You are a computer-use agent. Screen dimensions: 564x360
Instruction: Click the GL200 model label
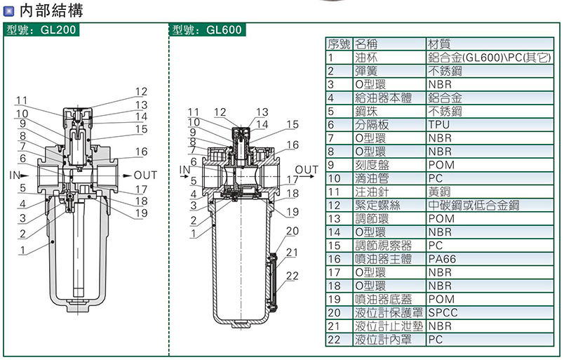click(41, 29)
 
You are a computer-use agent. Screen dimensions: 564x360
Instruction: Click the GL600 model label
click(207, 29)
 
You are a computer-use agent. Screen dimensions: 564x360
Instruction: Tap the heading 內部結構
click(51, 10)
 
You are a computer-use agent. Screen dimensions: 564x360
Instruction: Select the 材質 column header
click(439, 44)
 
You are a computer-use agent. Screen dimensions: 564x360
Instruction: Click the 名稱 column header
click(366, 44)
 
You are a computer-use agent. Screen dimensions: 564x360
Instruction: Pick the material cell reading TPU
click(439, 124)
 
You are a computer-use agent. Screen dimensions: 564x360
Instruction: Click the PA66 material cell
click(442, 259)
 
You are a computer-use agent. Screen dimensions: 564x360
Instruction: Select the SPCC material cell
click(443, 312)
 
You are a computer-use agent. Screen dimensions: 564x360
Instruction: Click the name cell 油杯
click(366, 58)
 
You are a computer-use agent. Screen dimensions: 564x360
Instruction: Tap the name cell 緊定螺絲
click(377, 205)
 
